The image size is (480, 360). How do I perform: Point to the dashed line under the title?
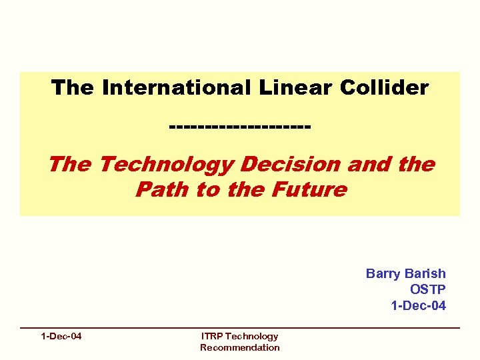click(240, 126)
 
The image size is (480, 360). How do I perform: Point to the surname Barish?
click(425, 273)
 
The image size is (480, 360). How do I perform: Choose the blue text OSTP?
click(428, 289)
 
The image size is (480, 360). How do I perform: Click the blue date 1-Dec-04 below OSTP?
click(418, 305)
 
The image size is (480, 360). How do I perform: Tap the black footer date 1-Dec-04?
click(61, 336)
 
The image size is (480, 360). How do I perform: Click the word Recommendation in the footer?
click(240, 347)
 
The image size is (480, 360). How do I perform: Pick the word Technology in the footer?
click(253, 336)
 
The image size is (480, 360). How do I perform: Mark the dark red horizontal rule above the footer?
click(240, 328)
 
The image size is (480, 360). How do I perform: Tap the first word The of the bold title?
click(73, 87)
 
